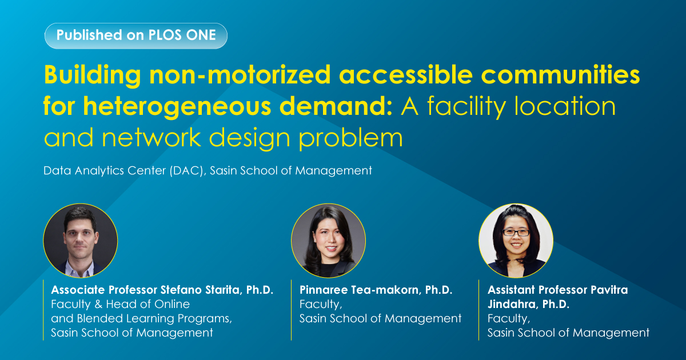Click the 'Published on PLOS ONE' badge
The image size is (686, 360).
[136, 36]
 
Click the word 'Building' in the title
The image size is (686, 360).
[93, 75]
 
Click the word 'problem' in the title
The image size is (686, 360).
[350, 138]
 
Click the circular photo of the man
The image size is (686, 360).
[81, 241]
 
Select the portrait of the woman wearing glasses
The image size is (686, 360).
[516, 241]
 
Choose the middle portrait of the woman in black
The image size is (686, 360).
[328, 241]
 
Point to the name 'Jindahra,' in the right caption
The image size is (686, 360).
[513, 304]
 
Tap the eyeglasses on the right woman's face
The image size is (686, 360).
[516, 233]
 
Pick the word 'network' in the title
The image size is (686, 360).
[151, 138]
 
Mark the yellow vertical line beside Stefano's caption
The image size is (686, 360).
[43, 310]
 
